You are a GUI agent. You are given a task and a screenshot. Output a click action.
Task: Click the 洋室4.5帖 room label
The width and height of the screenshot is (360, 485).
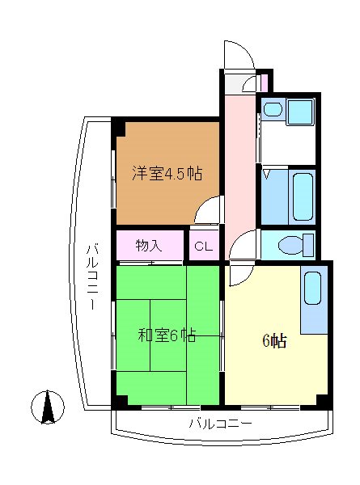point(167,173)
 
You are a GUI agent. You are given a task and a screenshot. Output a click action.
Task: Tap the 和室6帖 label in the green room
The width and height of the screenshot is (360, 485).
point(166,335)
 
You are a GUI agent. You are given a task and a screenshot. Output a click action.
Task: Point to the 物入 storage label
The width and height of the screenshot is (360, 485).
point(149,245)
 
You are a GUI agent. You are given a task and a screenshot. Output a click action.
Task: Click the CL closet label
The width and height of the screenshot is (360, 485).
point(203,246)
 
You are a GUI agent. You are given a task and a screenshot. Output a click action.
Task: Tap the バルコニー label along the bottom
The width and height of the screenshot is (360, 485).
point(220,423)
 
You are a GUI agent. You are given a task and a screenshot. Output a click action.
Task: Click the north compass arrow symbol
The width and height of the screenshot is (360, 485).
point(49,406)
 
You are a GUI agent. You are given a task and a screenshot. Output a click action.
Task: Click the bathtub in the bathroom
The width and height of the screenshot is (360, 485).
point(303,199)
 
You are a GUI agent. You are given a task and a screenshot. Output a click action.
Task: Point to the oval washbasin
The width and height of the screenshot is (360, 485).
point(272,108)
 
